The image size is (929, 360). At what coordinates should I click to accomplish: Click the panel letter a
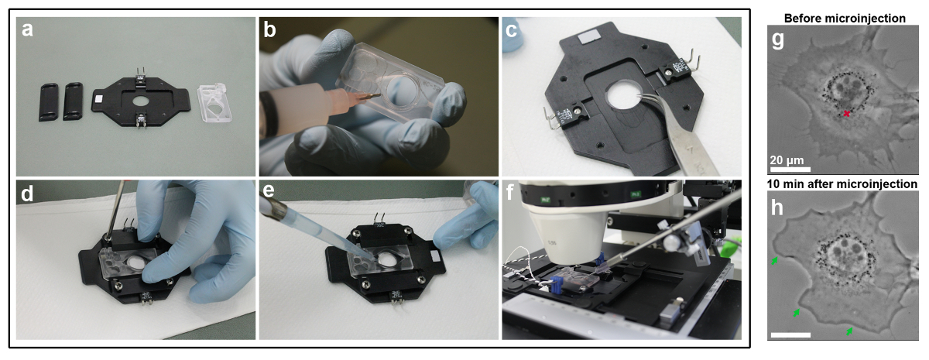[x=27, y=30]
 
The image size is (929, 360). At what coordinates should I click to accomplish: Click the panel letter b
[x=270, y=30]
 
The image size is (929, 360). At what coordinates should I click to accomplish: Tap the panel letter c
[x=512, y=30]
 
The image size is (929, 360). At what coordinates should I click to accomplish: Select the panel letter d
[x=27, y=193]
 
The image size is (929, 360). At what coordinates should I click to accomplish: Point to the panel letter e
[x=269, y=190]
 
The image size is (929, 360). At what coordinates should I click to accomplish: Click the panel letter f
[x=509, y=191]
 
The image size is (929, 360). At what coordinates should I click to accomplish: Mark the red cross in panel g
[x=846, y=114]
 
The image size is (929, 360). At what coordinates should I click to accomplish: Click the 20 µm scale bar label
[x=787, y=160]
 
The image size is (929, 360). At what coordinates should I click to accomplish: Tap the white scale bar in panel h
[x=790, y=334]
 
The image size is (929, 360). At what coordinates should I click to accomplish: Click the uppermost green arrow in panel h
[x=774, y=260]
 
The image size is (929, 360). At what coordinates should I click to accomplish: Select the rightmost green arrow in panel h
[x=849, y=331]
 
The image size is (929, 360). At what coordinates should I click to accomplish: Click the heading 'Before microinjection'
[x=845, y=19]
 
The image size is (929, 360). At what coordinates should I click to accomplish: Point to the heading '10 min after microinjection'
[x=842, y=183]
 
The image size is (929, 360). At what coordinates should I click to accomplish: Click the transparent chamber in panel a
[x=215, y=102]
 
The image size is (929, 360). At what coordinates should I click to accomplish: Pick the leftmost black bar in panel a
[x=49, y=102]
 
